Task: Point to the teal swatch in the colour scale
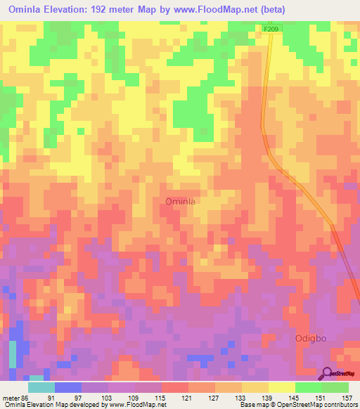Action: coord(41,387)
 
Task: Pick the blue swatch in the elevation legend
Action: coord(68,387)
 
